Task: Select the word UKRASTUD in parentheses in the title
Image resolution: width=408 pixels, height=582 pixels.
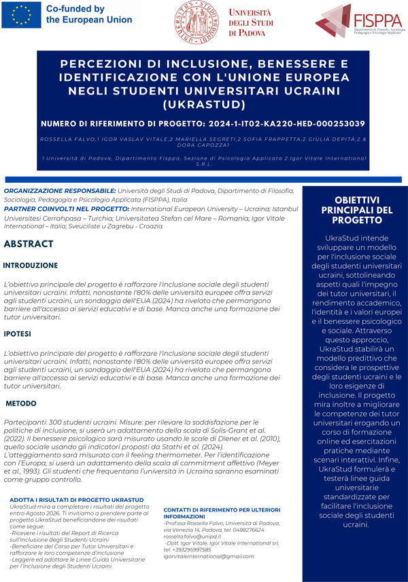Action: [203, 105]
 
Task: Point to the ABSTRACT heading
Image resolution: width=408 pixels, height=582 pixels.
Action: [29, 244]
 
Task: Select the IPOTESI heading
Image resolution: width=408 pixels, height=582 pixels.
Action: [22, 335]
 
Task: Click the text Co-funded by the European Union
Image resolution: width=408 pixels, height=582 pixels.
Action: [88, 15]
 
